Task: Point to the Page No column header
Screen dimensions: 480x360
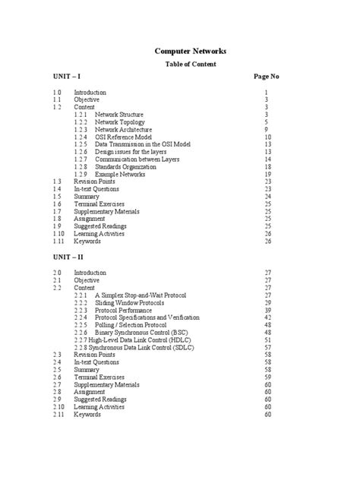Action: (x=266, y=77)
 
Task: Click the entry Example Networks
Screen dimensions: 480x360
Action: (x=120, y=174)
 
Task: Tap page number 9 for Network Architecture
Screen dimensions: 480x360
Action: (x=267, y=129)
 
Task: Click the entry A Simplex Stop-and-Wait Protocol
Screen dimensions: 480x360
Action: (x=141, y=294)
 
